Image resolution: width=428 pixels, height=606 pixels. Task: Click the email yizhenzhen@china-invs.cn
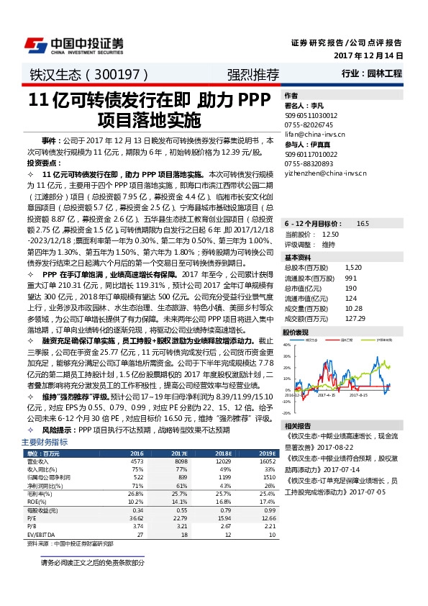[x=325, y=173]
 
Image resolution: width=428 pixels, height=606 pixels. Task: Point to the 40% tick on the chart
[x=288, y=345]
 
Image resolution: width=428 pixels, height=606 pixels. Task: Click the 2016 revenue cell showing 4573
[x=137, y=460]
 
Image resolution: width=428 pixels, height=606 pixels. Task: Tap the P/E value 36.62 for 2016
[x=135, y=517]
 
